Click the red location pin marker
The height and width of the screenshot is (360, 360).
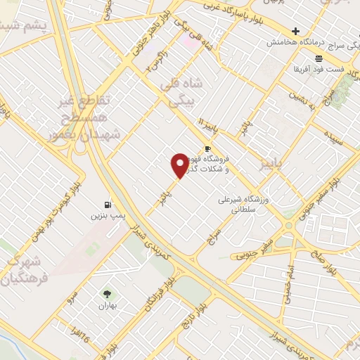180,165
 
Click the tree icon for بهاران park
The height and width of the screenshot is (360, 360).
107,295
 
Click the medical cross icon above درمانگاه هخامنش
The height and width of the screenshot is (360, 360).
296,32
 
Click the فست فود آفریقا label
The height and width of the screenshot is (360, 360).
320,70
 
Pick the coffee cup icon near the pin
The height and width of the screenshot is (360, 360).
207,148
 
